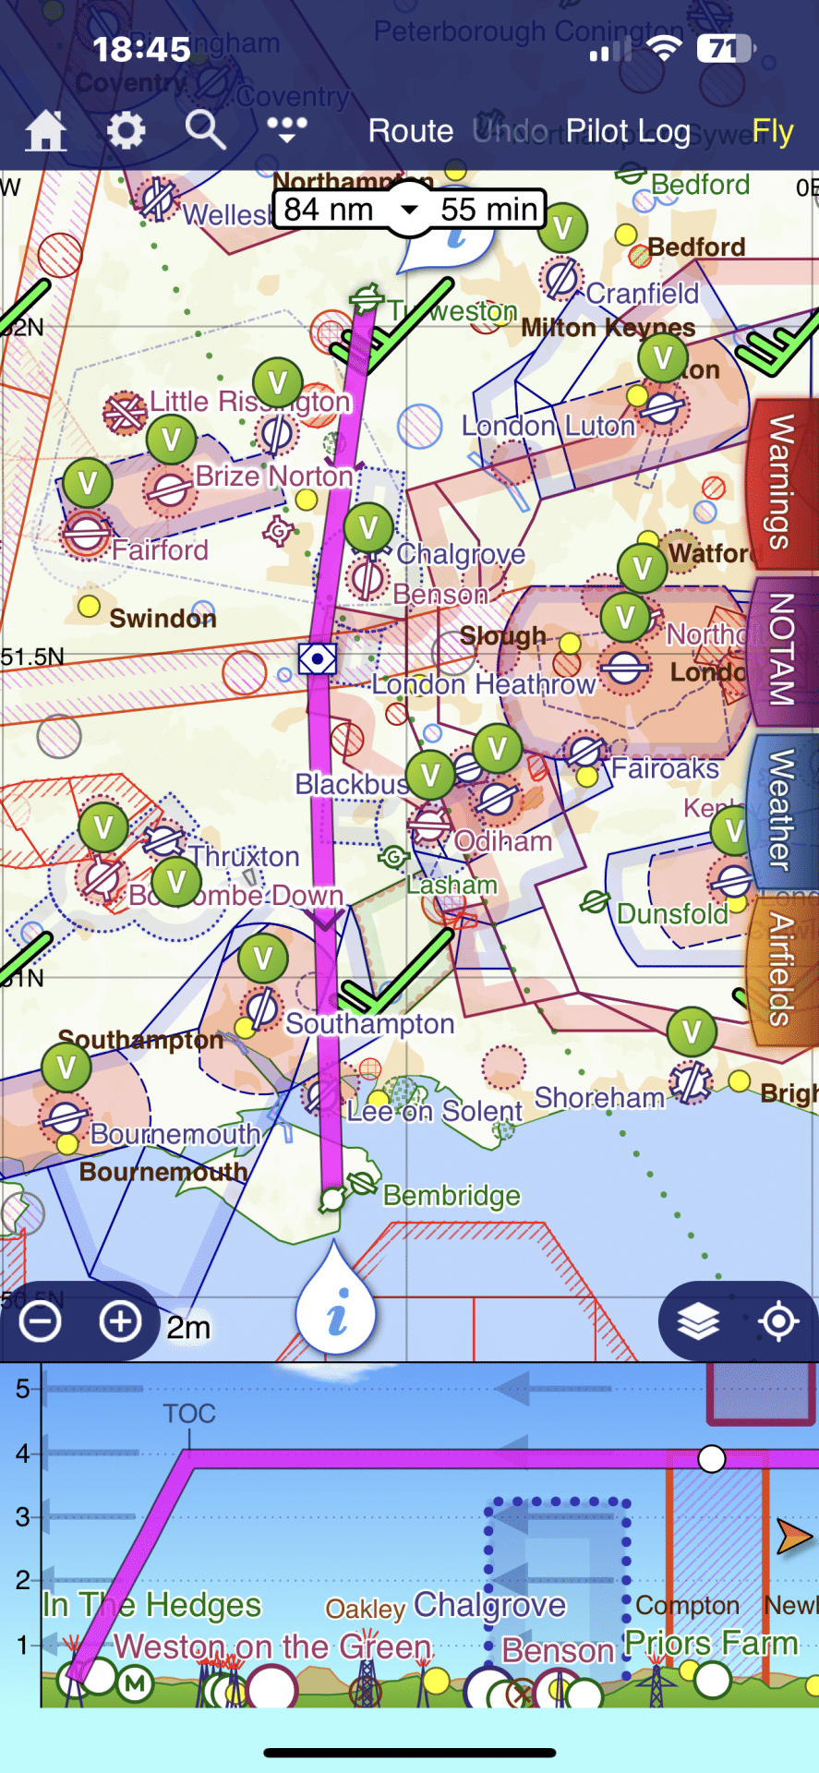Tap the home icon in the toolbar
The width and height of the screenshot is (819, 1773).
tap(45, 130)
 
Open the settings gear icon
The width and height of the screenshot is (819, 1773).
tap(126, 130)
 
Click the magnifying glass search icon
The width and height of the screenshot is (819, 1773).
tap(205, 130)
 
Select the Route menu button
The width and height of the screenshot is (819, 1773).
tap(411, 131)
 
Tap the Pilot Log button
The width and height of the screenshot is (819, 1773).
tap(628, 131)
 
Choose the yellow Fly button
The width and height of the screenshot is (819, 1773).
tap(773, 131)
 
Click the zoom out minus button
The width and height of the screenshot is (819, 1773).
tap(41, 1321)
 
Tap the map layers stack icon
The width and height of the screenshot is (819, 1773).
tap(698, 1321)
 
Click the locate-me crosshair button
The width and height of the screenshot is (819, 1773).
tap(778, 1321)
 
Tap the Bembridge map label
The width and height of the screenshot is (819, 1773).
tap(452, 1196)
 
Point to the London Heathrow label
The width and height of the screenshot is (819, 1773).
tap(484, 684)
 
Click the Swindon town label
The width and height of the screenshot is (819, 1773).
tap(163, 618)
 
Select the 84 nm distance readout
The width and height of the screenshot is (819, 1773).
tap(329, 210)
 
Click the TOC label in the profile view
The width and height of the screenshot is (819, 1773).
tap(189, 1414)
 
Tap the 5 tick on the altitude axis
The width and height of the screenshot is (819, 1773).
tap(23, 1388)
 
